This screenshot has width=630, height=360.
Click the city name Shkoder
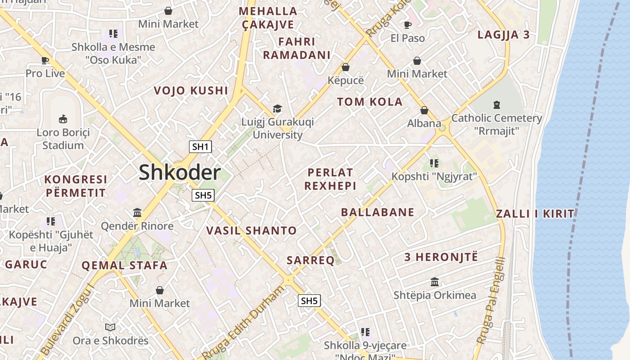pos(180,173)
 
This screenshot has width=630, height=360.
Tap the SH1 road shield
pos(200,146)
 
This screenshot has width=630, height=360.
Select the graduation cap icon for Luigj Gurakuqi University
pos(277,109)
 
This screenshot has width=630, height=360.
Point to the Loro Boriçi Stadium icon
pos(63,119)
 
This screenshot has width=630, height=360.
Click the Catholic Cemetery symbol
pos(496,105)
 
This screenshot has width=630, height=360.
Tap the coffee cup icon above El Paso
pos(407,25)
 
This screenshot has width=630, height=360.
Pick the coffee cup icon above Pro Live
pos(45,60)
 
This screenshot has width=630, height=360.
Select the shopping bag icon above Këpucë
pos(346,67)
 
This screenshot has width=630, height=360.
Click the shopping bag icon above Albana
pos(424,110)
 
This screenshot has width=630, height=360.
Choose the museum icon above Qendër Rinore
pos(137,212)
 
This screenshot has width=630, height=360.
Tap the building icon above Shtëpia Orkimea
pos(435,282)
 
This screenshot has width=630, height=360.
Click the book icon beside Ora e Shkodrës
pos(110,327)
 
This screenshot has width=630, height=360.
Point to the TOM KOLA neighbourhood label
pos(370,102)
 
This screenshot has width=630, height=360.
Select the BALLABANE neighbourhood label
pos(378,212)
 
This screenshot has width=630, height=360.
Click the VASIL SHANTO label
pos(251,231)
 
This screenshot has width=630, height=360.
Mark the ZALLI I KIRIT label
pos(535,214)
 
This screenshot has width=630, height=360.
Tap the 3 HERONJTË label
pos(441,257)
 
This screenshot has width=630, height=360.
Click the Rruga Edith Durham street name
pos(243,320)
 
